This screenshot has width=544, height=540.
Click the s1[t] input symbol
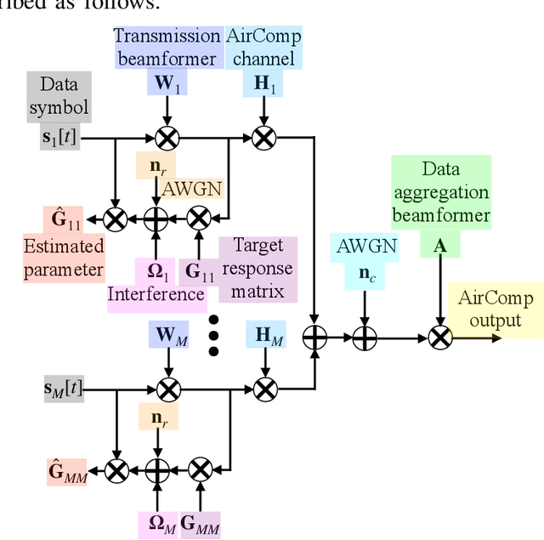pyautogui.click(x=59, y=136)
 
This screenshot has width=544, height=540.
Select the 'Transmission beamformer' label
pyautogui.click(x=167, y=48)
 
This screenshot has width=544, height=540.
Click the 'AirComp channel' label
pyautogui.click(x=263, y=48)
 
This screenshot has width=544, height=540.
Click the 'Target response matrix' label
pyautogui.click(x=258, y=269)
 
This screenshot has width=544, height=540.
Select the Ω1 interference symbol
pyautogui.click(x=156, y=271)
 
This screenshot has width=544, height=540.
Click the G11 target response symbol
pyautogui.click(x=200, y=271)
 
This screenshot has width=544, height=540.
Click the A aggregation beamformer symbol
pyautogui.click(x=439, y=245)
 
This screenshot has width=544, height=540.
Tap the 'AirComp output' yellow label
pyautogui.click(x=496, y=308)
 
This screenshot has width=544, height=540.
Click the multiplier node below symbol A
pyautogui.click(x=439, y=338)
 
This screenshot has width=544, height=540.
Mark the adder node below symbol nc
pyautogui.click(x=364, y=338)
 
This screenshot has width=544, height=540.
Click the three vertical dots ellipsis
pyautogui.click(x=213, y=337)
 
